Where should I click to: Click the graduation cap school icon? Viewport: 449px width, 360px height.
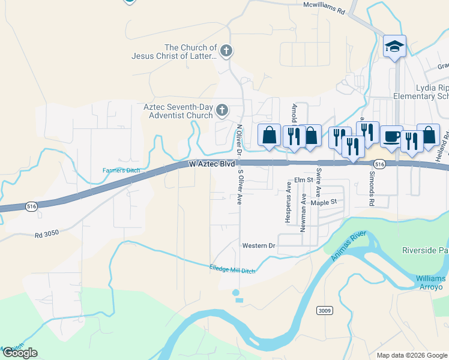(x=394, y=46)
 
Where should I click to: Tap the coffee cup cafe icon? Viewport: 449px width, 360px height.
(x=391, y=136)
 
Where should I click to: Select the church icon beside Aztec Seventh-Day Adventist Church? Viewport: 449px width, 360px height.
(x=222, y=110)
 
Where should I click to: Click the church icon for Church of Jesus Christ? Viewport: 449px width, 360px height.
(x=226, y=51)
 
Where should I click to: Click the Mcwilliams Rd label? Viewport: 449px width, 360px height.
(x=324, y=11)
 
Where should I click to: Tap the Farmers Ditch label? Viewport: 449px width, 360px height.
(x=121, y=170)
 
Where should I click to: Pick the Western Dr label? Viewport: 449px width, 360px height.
(x=258, y=246)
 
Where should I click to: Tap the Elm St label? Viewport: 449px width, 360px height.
(x=304, y=180)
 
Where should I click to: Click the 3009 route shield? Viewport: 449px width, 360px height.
(x=324, y=310)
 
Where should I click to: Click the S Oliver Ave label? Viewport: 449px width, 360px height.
(x=240, y=187)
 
